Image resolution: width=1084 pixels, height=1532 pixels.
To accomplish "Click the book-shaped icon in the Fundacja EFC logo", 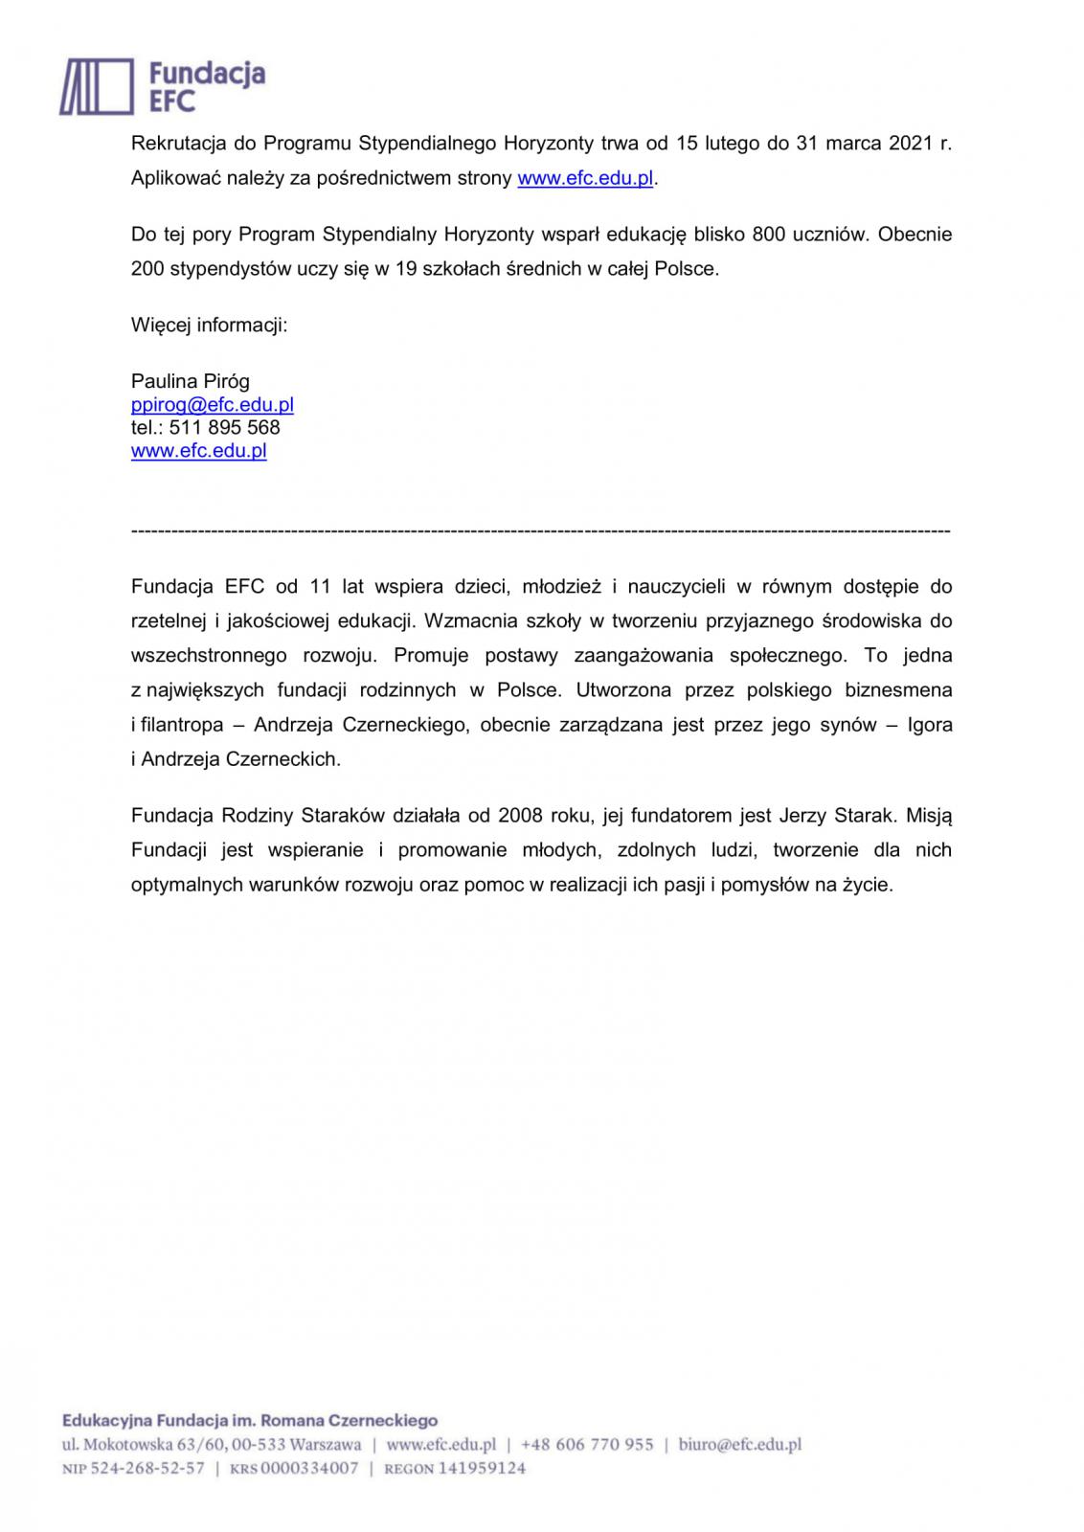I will tap(97, 86).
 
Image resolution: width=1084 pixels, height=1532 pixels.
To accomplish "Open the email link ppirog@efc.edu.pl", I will tap(212, 405).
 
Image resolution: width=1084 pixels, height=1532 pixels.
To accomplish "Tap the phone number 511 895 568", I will tap(224, 428).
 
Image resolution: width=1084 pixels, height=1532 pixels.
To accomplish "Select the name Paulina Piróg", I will tap(190, 381).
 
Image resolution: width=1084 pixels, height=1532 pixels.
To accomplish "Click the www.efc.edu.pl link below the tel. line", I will tap(198, 451).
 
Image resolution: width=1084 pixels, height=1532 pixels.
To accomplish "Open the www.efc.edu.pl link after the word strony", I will tap(585, 178).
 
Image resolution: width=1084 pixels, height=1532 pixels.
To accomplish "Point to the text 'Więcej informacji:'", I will tap(209, 325).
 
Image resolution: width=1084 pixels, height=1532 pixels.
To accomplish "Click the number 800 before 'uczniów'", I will tap(769, 235).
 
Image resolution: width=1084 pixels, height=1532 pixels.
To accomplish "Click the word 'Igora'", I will tap(929, 725).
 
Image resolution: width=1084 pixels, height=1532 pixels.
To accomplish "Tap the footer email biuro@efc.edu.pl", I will tap(739, 1445).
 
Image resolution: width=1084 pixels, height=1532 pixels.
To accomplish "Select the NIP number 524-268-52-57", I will tap(147, 1468).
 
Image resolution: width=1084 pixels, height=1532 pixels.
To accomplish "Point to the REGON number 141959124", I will tap(482, 1468).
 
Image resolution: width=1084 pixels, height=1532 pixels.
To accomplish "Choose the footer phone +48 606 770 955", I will tap(587, 1445).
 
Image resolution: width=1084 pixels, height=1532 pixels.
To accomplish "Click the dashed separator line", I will tap(540, 530).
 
